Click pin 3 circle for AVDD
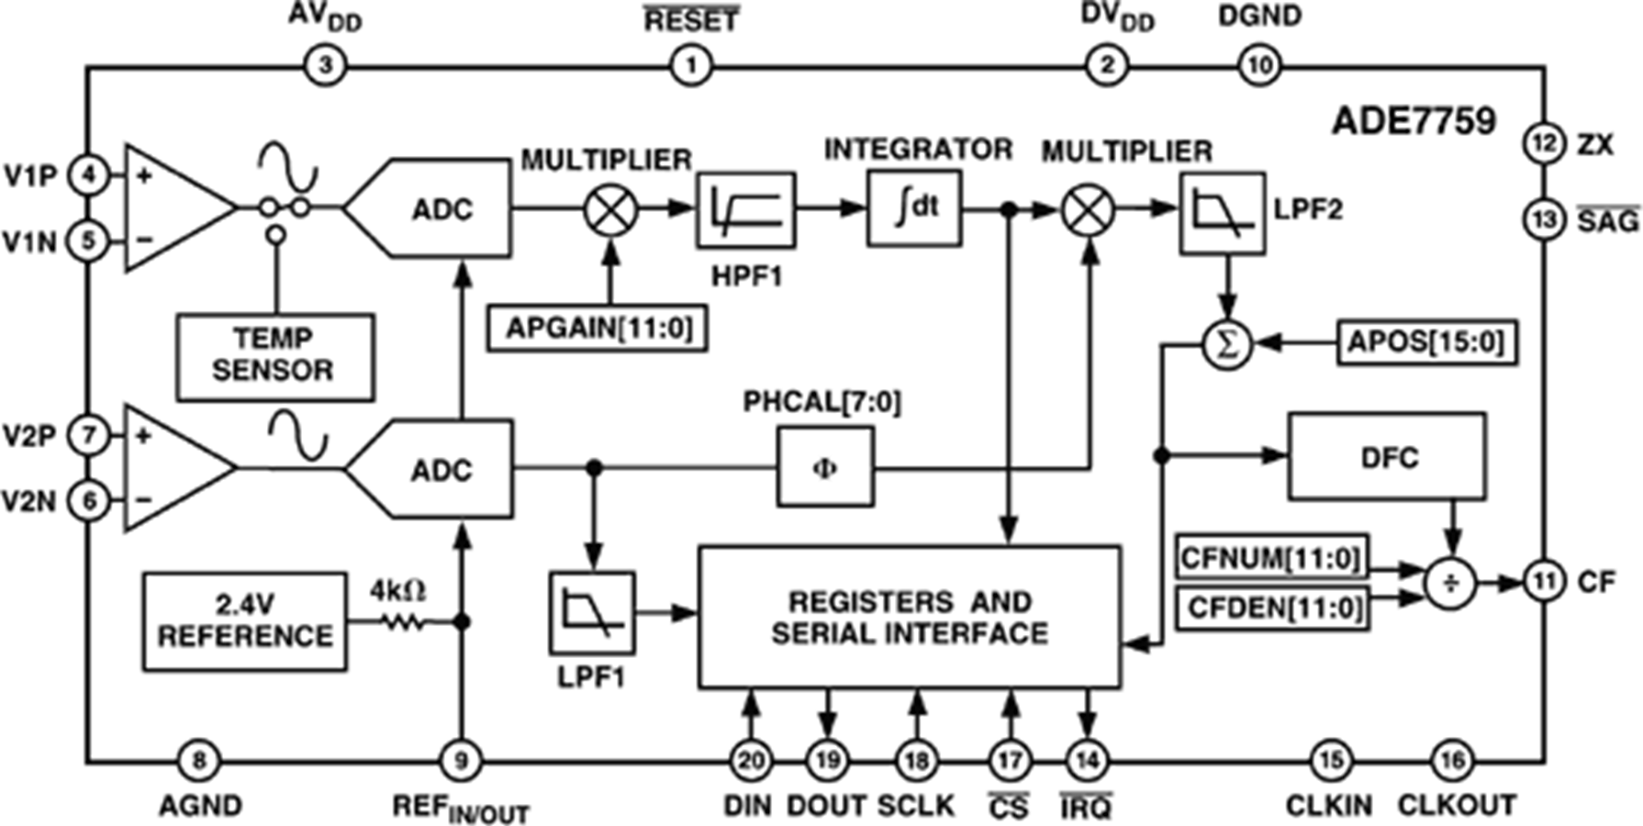pos(323,66)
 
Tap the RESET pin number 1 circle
pos(690,66)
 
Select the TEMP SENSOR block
pos(275,357)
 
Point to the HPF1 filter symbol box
pos(746,210)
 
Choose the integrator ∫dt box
pos(914,208)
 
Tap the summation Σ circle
pos(1227,345)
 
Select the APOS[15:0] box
pos(1426,343)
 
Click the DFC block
pos(1387,457)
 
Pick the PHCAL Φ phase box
pos(825,467)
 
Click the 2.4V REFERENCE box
pos(245,621)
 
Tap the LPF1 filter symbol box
pos(592,613)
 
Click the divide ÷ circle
pos(1451,583)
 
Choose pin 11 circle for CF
pos(1545,581)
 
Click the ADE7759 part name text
pos(1413,120)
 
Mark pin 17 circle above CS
pos(1010,760)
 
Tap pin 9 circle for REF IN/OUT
pos(462,760)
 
